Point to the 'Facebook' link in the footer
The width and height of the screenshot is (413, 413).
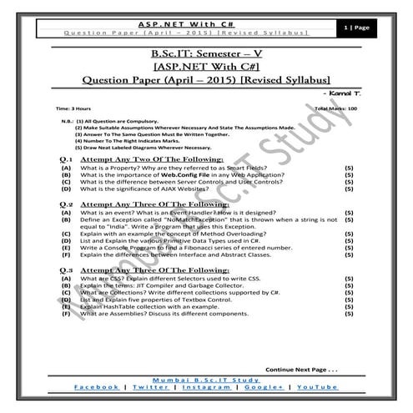pyautogui.click(x=97, y=388)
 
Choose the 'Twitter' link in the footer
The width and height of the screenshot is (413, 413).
pyautogui.click(x=150, y=388)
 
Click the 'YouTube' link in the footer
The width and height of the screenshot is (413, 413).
pyautogui.click(x=315, y=388)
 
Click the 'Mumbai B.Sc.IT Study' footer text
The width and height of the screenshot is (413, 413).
pyautogui.click(x=206, y=380)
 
